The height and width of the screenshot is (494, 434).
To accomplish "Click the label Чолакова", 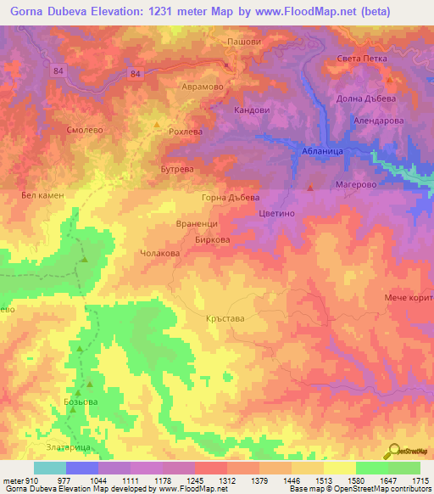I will click(159, 253).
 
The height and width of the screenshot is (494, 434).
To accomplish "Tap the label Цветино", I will click(275, 215).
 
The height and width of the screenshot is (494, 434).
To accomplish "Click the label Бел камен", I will click(42, 194).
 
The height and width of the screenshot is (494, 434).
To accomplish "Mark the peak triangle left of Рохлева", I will click(156, 125).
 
